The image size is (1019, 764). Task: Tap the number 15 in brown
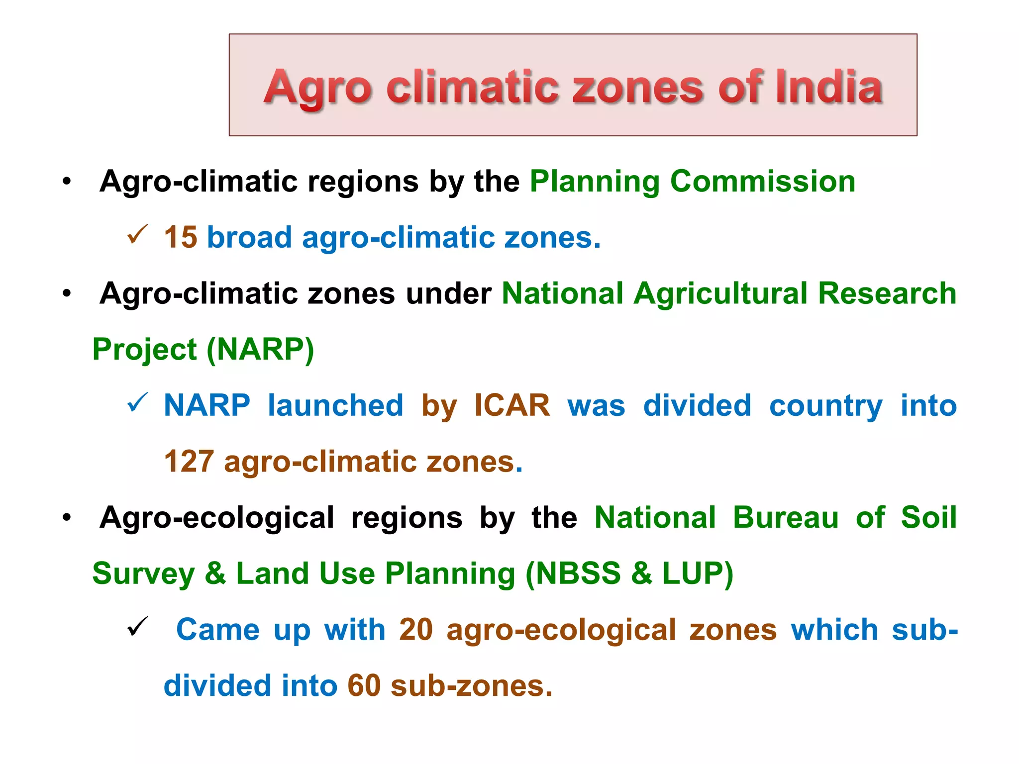(181, 237)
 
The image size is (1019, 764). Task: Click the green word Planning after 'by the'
(595, 182)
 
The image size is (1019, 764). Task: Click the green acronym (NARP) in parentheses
(260, 349)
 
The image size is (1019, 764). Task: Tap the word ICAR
(512, 405)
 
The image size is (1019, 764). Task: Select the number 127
(189, 462)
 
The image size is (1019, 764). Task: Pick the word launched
(335, 405)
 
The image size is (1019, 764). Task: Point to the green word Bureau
(786, 517)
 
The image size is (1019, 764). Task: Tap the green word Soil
(928, 517)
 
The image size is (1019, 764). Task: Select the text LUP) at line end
(698, 573)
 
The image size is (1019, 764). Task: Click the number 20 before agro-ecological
(416, 630)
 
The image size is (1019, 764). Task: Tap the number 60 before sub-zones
(364, 686)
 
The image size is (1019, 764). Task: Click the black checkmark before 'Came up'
(137, 626)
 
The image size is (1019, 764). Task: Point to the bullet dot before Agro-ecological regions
(67, 518)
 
